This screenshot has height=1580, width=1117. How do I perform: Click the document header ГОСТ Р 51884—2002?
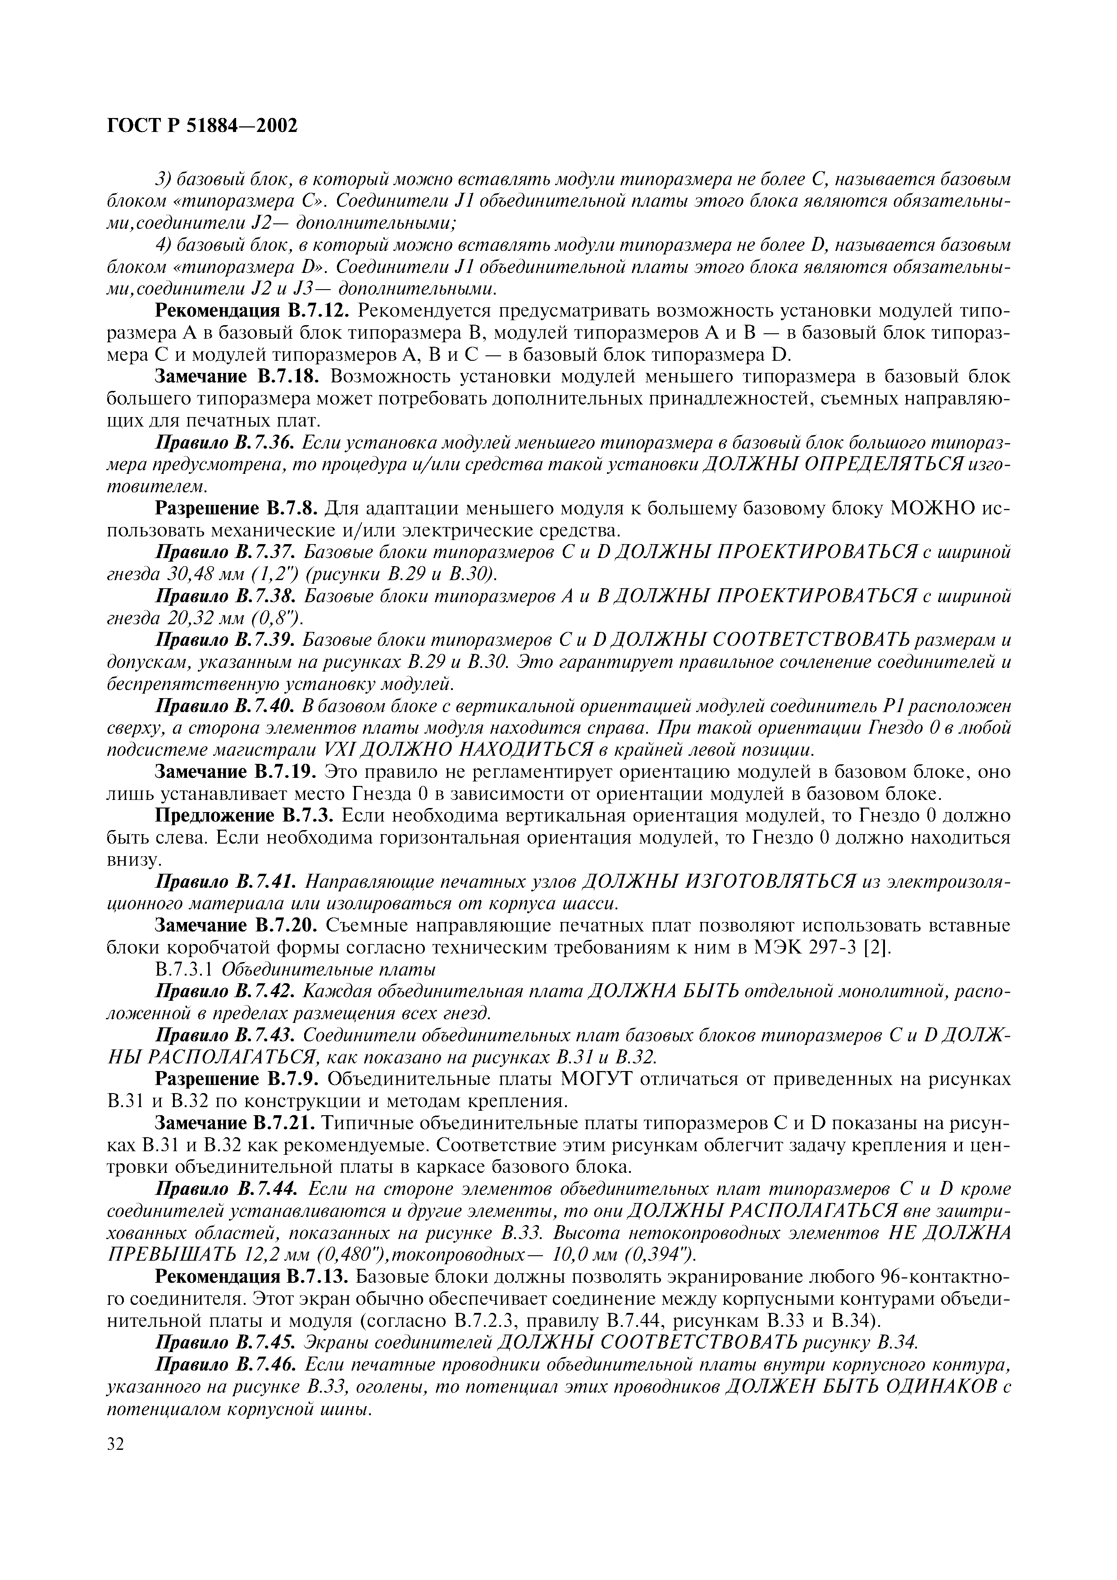(203, 126)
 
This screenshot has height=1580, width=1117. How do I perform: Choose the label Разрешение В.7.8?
(236, 509)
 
